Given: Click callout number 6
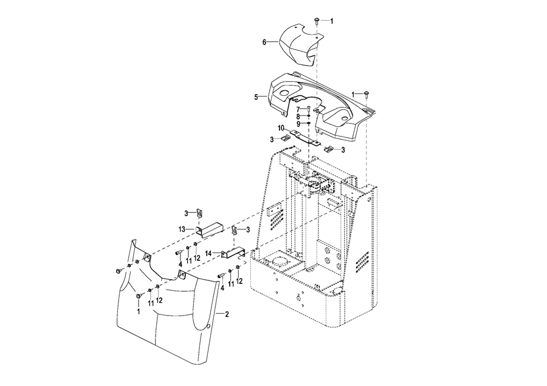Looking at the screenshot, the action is coord(264,42).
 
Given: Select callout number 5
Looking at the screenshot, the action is coord(256,97).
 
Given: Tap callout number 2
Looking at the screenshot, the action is coord(227,314).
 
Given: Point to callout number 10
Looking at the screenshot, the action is coord(281,128).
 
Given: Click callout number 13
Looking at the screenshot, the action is coord(182,229).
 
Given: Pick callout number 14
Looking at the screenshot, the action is coord(208,253).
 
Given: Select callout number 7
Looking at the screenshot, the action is coord(298,109).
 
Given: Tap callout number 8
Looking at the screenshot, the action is coord(298,117).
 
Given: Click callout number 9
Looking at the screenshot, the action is coord(298,124).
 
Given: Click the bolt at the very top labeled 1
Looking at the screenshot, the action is coord(317,21).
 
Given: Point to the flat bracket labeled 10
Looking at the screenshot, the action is coord(306,137).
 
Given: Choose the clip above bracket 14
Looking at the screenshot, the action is coord(235,230).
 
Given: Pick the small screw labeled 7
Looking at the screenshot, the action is coord(309,109).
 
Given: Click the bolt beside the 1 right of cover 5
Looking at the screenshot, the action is coord(366,94).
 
